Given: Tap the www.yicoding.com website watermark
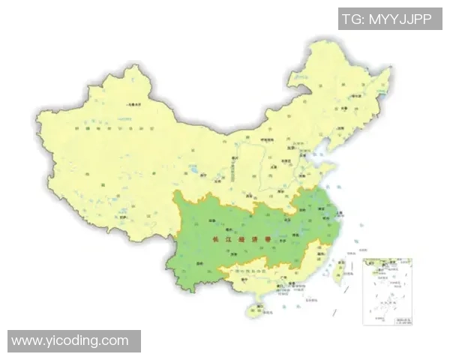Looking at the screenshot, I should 70,340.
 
